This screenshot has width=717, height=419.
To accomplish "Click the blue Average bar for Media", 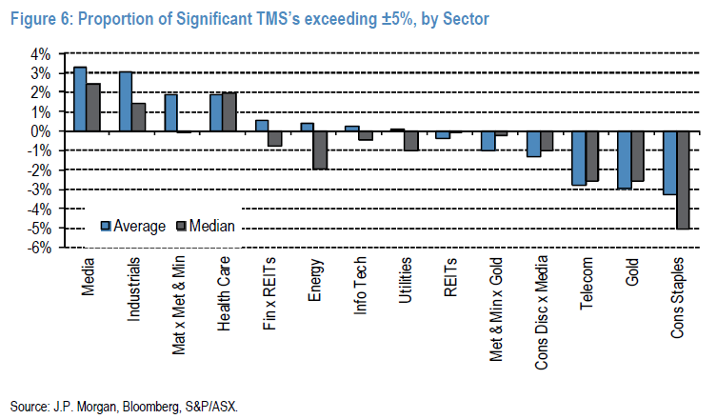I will (x=80, y=99).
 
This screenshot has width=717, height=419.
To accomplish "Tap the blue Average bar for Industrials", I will (x=126, y=102).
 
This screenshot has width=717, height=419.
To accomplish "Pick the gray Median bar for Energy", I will (x=321, y=150).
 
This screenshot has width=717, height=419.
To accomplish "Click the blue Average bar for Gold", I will (x=623, y=160).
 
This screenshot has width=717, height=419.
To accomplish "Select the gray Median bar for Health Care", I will (x=229, y=112).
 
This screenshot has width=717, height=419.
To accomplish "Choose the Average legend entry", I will (x=132, y=226).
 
